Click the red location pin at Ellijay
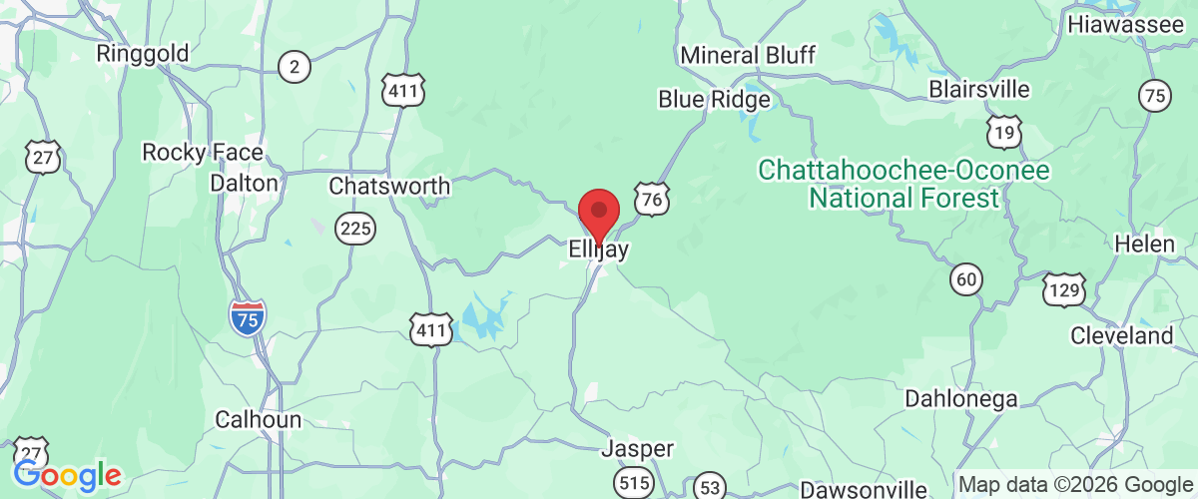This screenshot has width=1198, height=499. pos(599,213)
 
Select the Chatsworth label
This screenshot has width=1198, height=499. pos(389,187)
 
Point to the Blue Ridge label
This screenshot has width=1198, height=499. pos(714,100)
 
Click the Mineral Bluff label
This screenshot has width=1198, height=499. pos(748,54)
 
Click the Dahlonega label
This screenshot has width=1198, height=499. pos(960,399)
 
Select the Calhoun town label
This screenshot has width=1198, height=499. pos(259,420)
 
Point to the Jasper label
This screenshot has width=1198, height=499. pos(637,449)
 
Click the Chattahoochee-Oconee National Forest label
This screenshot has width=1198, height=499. pos(903,184)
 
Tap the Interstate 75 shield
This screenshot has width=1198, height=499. pos(247,317)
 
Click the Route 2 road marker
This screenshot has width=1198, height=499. pos(294,68)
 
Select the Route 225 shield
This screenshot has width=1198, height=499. pos(356,230)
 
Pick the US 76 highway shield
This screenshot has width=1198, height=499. pos(651,199)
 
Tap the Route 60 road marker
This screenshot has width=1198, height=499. pos(965,280)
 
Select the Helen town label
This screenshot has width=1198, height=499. pos(1137,244)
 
